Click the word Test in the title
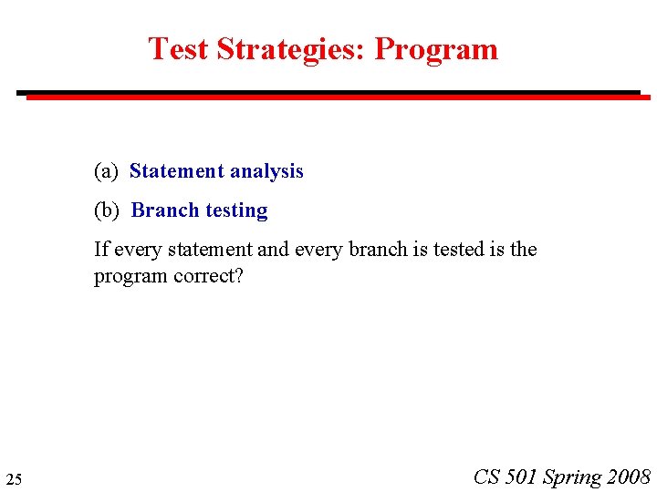[178, 49]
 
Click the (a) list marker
[107, 171]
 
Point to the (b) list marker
[107, 210]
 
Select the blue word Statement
[176, 171]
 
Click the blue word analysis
[266, 171]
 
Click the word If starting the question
[99, 250]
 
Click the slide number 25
[14, 479]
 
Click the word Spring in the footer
[572, 477]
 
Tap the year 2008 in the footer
[628, 477]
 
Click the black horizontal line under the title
[328, 92]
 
